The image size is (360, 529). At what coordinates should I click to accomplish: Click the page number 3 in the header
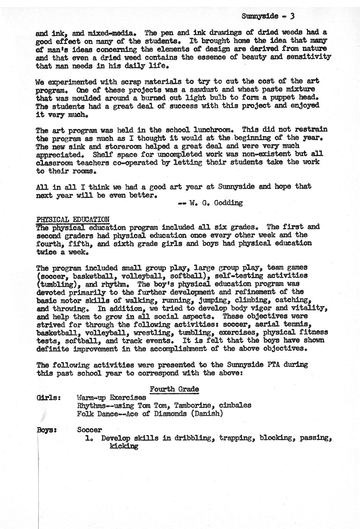point(293,16)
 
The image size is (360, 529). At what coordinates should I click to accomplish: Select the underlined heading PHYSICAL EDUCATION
point(73,219)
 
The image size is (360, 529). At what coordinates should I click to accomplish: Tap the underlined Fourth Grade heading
point(174,389)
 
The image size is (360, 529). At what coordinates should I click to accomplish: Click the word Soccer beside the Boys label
point(89,430)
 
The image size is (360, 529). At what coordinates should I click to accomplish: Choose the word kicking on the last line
point(123,446)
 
